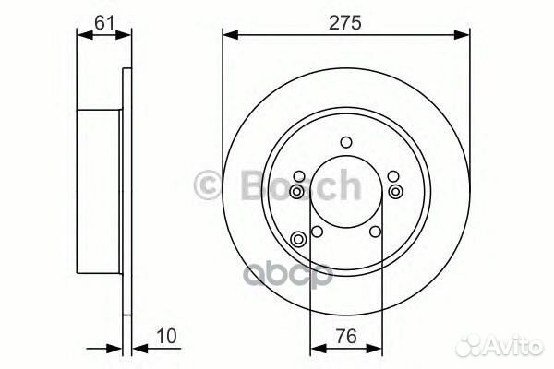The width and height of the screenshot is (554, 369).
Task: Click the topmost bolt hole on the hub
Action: pyautogui.click(x=346, y=141)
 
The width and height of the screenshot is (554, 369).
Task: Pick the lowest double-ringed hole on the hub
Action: pyautogui.click(x=297, y=240)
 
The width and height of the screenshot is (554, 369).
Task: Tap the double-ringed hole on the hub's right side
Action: pyautogui.click(x=396, y=191)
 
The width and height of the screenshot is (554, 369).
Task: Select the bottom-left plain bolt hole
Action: pyautogui.click(x=316, y=232)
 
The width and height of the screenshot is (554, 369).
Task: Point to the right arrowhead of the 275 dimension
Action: pyautogui.click(x=464, y=35)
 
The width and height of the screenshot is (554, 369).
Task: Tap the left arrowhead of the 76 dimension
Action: pyautogui.click(x=314, y=349)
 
